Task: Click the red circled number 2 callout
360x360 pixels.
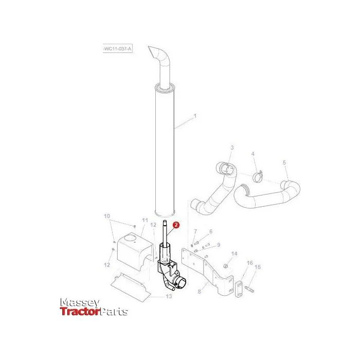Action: pos(176,225)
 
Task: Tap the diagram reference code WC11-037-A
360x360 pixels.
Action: pos(118,49)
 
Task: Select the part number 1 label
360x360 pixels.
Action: pos(195,116)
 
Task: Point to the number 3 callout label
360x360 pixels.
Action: pos(232,148)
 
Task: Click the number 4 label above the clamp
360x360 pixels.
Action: pos(253,154)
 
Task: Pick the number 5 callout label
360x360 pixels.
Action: pos(284,163)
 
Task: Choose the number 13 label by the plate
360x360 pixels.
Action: pos(169,296)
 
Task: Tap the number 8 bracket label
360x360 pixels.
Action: pos(200,292)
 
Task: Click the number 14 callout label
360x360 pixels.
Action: pos(234,254)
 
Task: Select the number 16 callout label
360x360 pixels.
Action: pos(250,263)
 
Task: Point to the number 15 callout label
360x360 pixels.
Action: pos(258,267)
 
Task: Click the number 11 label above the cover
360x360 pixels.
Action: pos(145,221)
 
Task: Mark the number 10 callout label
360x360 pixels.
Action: pos(107,216)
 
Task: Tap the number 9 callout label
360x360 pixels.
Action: pos(219,245)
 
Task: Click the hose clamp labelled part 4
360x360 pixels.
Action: pos(258,176)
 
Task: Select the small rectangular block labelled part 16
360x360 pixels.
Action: pos(239,289)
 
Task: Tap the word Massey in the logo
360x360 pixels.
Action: pos(79,303)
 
